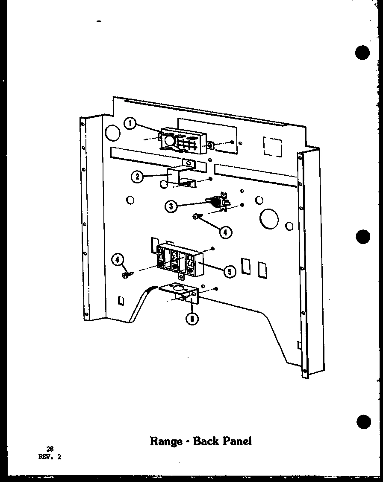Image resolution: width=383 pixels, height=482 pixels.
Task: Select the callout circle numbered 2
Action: [x=137, y=176]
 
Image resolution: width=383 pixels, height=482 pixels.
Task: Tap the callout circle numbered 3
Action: [x=171, y=206]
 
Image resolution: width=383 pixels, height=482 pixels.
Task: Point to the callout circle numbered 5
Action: [x=230, y=271]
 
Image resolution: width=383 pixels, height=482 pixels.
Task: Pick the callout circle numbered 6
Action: [x=194, y=318]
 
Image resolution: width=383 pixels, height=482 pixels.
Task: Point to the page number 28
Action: [x=50, y=449]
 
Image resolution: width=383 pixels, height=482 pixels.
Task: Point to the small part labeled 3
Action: [x=220, y=202]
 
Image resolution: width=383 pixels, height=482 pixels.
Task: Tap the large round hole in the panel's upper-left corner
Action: [x=112, y=133]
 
